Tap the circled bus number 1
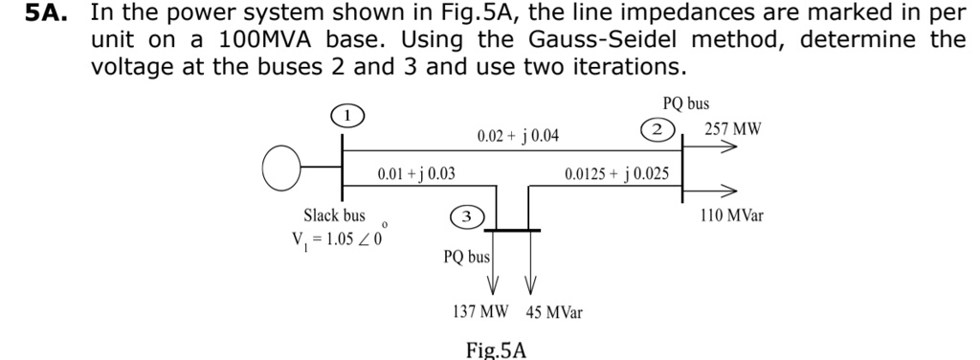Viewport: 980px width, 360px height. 349,115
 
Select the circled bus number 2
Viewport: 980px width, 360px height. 657,129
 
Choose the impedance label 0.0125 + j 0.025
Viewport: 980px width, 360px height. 616,173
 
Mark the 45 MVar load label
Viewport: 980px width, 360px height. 554,312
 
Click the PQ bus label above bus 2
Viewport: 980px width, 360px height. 686,102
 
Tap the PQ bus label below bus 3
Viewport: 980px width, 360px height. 466,257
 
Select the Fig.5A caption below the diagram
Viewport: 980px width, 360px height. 496,349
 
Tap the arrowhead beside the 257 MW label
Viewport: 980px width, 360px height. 728,148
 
